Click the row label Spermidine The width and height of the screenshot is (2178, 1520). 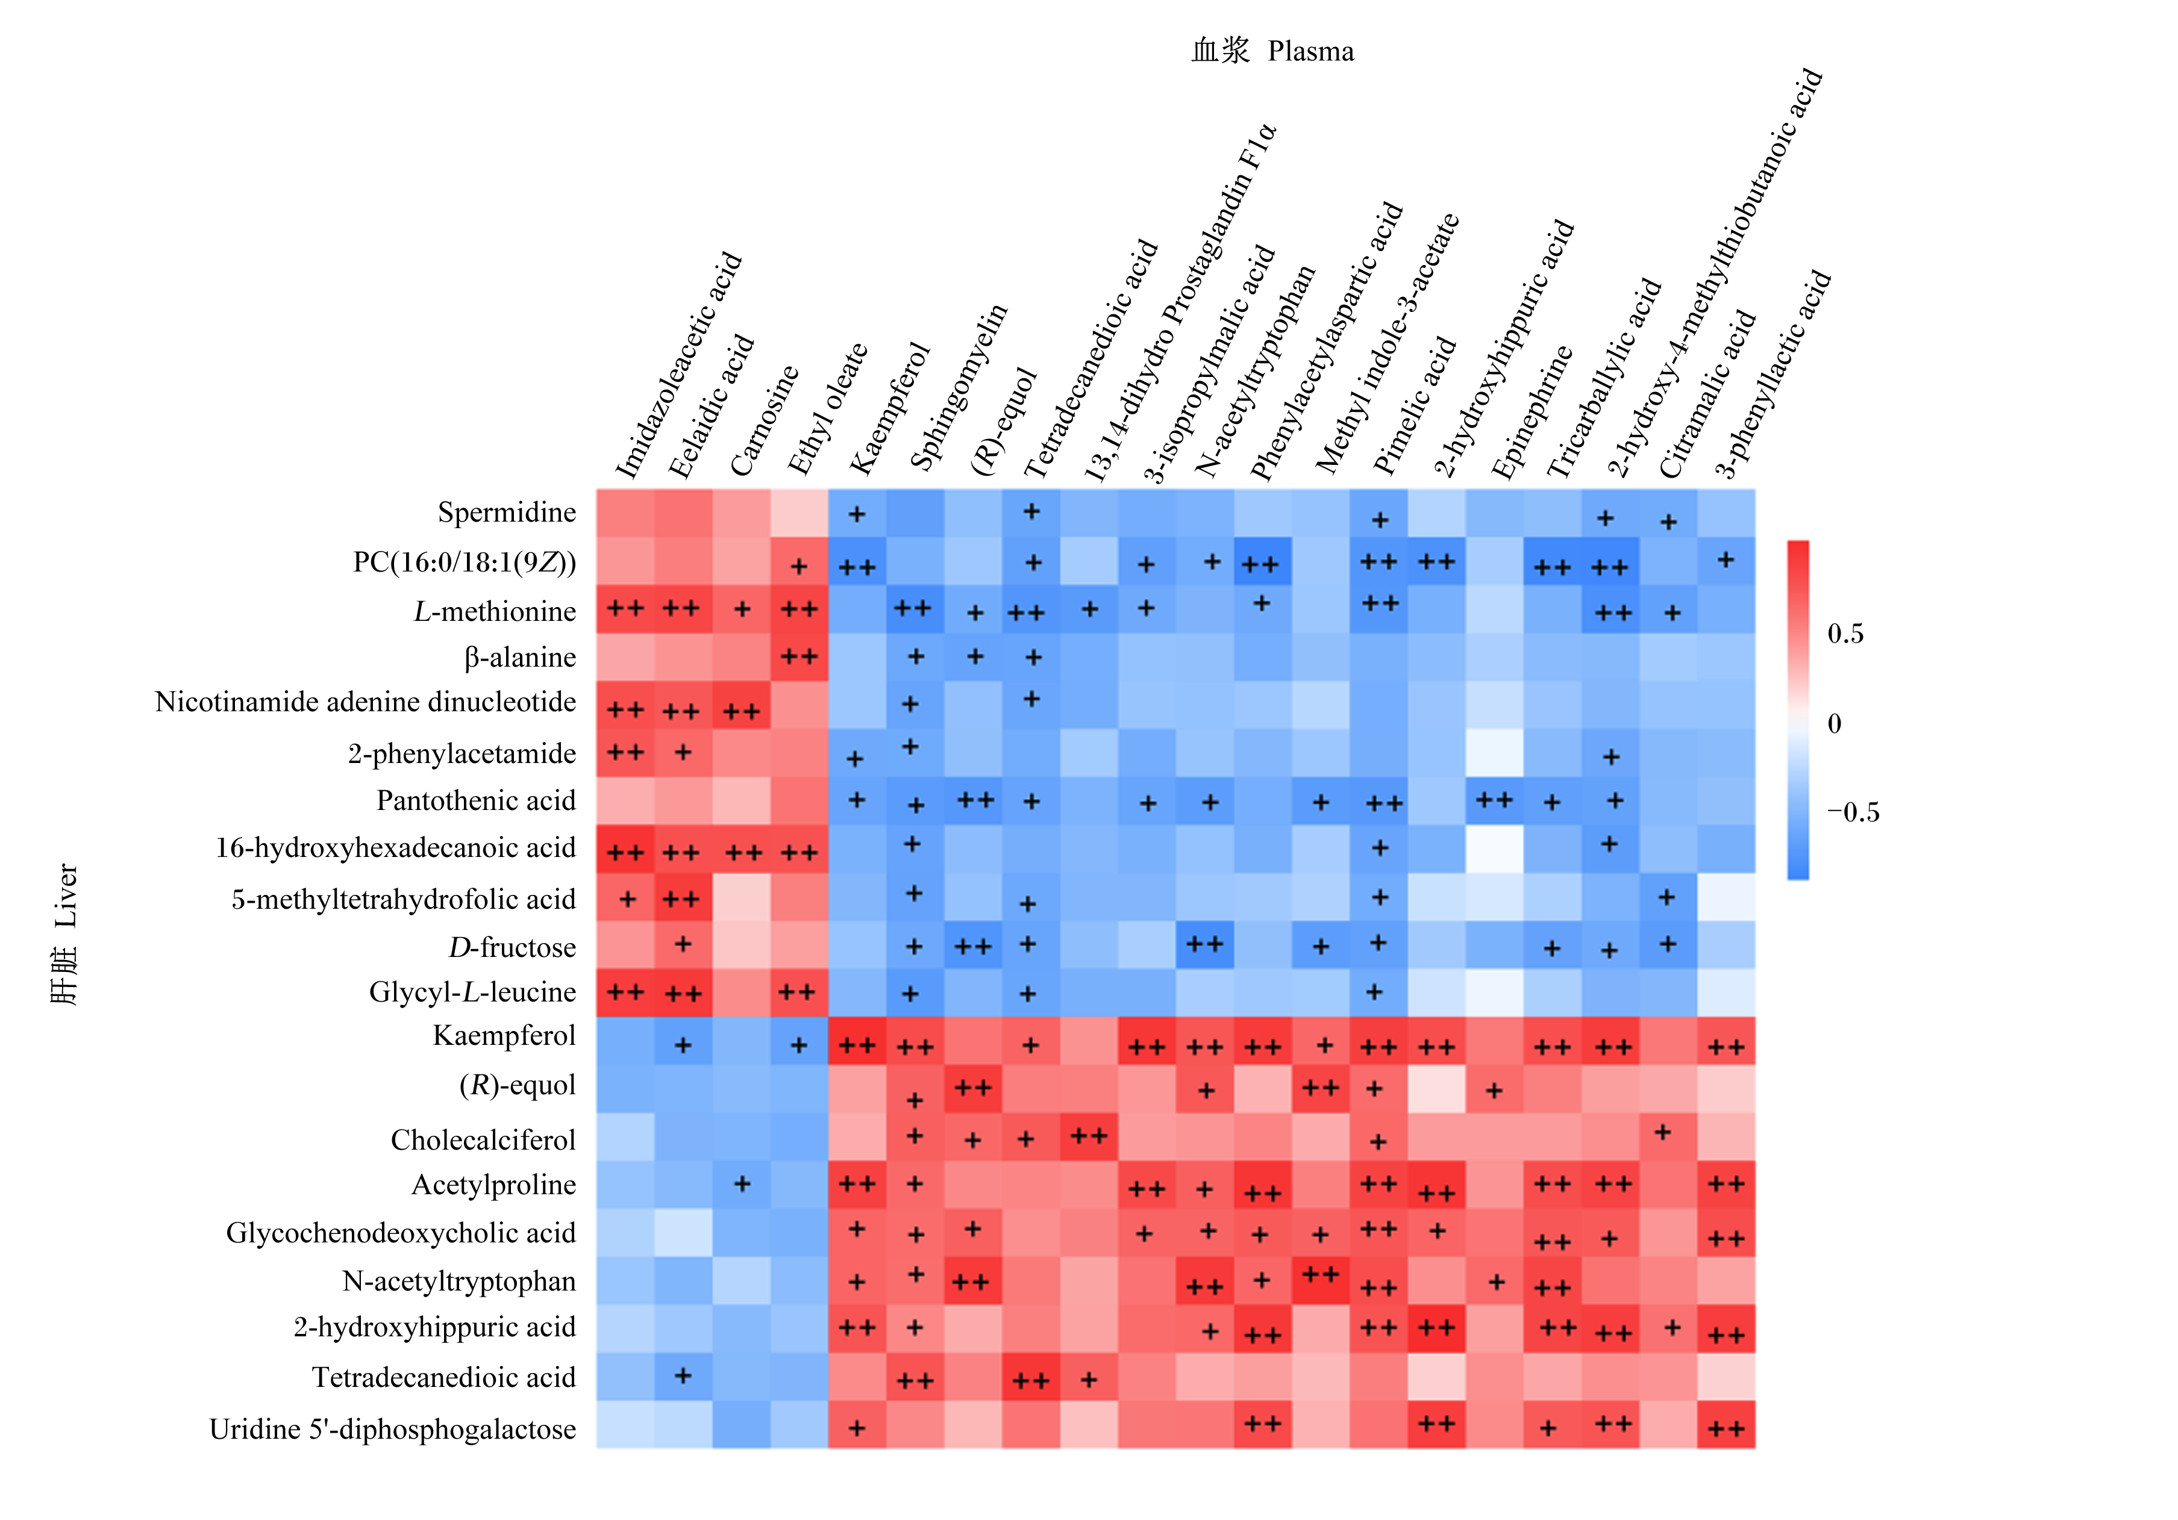[x=507, y=513]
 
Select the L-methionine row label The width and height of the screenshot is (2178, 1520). [x=494, y=612]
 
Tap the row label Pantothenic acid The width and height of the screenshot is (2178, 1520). [x=476, y=800]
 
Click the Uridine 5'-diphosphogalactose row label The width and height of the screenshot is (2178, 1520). [x=393, y=1429]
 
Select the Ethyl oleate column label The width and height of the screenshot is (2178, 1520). [x=827, y=410]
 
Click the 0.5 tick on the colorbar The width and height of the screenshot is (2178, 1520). [x=1845, y=634]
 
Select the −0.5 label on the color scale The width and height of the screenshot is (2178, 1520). [x=1853, y=812]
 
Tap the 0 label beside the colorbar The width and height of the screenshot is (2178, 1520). [x=1835, y=723]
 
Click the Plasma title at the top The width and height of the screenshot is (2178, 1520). [x=1311, y=51]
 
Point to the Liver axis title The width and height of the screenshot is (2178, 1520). [x=64, y=895]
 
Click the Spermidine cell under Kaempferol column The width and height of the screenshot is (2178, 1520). [x=857, y=513]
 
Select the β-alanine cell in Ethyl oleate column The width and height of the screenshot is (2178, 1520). [x=799, y=657]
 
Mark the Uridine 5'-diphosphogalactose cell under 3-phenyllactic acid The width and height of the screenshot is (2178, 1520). [x=1726, y=1424]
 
